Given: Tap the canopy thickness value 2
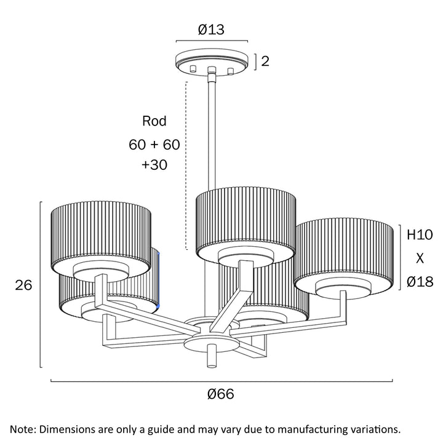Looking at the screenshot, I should pyautogui.click(x=265, y=61).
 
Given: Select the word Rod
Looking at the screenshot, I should pyautogui.click(x=154, y=121).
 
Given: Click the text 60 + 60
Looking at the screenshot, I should pyautogui.click(x=154, y=145).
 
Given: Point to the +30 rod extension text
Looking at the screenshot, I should pyautogui.click(x=154, y=165).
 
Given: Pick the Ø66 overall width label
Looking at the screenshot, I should pyautogui.click(x=221, y=394).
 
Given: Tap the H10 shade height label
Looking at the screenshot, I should pyautogui.click(x=420, y=234).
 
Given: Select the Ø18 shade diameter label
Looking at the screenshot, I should pyautogui.click(x=420, y=282).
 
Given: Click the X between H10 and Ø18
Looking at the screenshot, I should pyautogui.click(x=420, y=258).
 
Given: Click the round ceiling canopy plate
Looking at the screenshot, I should pyautogui.click(x=211, y=60).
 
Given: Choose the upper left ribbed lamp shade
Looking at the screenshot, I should pyautogui.click(x=101, y=231).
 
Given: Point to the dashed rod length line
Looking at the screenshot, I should pyautogui.click(x=185, y=166).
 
